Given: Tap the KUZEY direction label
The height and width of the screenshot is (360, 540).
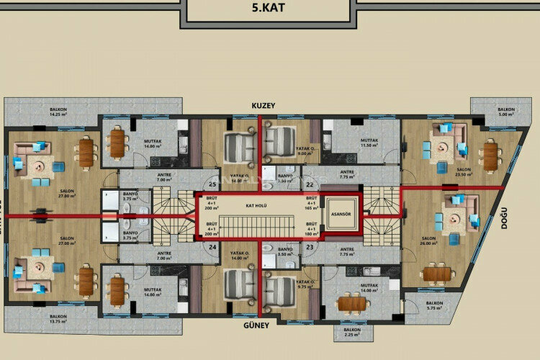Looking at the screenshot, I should click(x=264, y=105).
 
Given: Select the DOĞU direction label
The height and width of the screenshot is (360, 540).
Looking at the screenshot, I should click(x=507, y=217).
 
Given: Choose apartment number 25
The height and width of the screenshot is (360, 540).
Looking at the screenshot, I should click(x=212, y=182).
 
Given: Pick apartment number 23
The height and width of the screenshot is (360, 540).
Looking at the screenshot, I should click(x=310, y=246).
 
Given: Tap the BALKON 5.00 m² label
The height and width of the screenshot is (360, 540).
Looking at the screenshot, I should click(x=507, y=112).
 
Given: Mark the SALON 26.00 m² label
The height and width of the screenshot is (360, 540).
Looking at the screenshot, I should click(x=429, y=240).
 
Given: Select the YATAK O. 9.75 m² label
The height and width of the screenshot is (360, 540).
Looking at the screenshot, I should click(x=305, y=284).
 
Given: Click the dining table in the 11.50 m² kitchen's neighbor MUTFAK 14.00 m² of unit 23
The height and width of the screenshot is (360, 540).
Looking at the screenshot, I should click(x=352, y=303).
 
